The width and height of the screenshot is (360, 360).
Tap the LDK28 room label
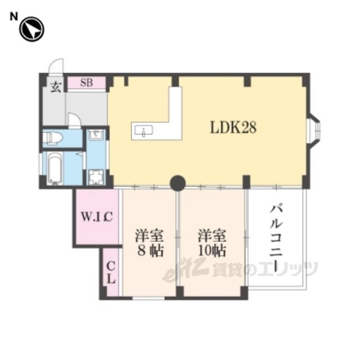click(233, 128)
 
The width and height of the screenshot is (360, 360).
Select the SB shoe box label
click(86, 83)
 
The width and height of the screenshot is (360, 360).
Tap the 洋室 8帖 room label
click(149, 242)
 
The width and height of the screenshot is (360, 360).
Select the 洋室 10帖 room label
click(212, 242)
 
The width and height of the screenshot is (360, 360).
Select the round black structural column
click(178, 183)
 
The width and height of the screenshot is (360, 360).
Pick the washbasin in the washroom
click(95, 134)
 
